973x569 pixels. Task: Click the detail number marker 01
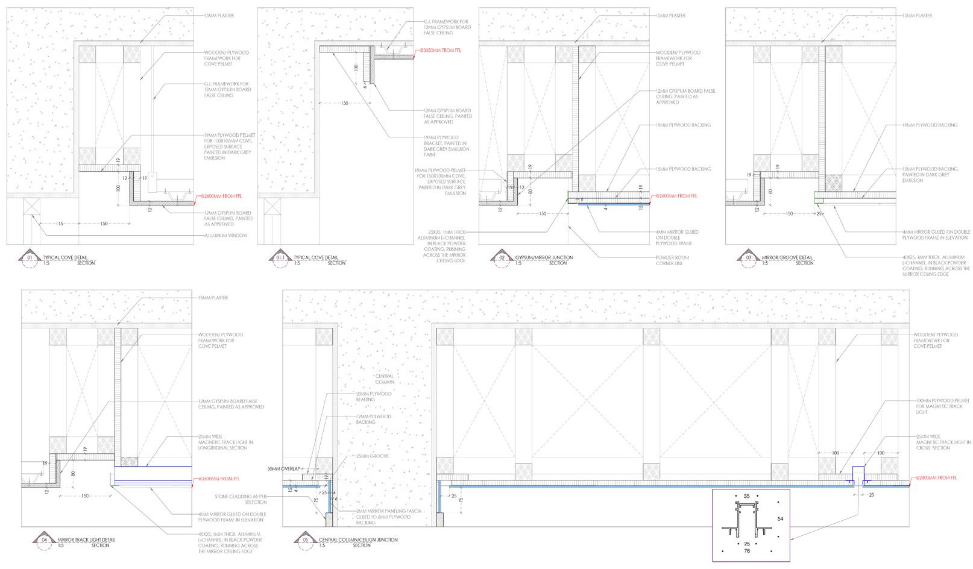coord(30,258)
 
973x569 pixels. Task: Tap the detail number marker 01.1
coord(280,258)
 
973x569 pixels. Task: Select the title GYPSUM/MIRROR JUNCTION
coord(544,257)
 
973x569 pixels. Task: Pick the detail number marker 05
coord(304,539)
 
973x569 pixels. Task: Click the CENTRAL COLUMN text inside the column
coord(383,379)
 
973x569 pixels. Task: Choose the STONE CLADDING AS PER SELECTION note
coord(241,499)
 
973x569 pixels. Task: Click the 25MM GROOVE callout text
coord(372,456)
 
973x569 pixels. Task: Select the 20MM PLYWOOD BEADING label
coord(373,397)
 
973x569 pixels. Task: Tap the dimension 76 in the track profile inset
coord(747,550)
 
